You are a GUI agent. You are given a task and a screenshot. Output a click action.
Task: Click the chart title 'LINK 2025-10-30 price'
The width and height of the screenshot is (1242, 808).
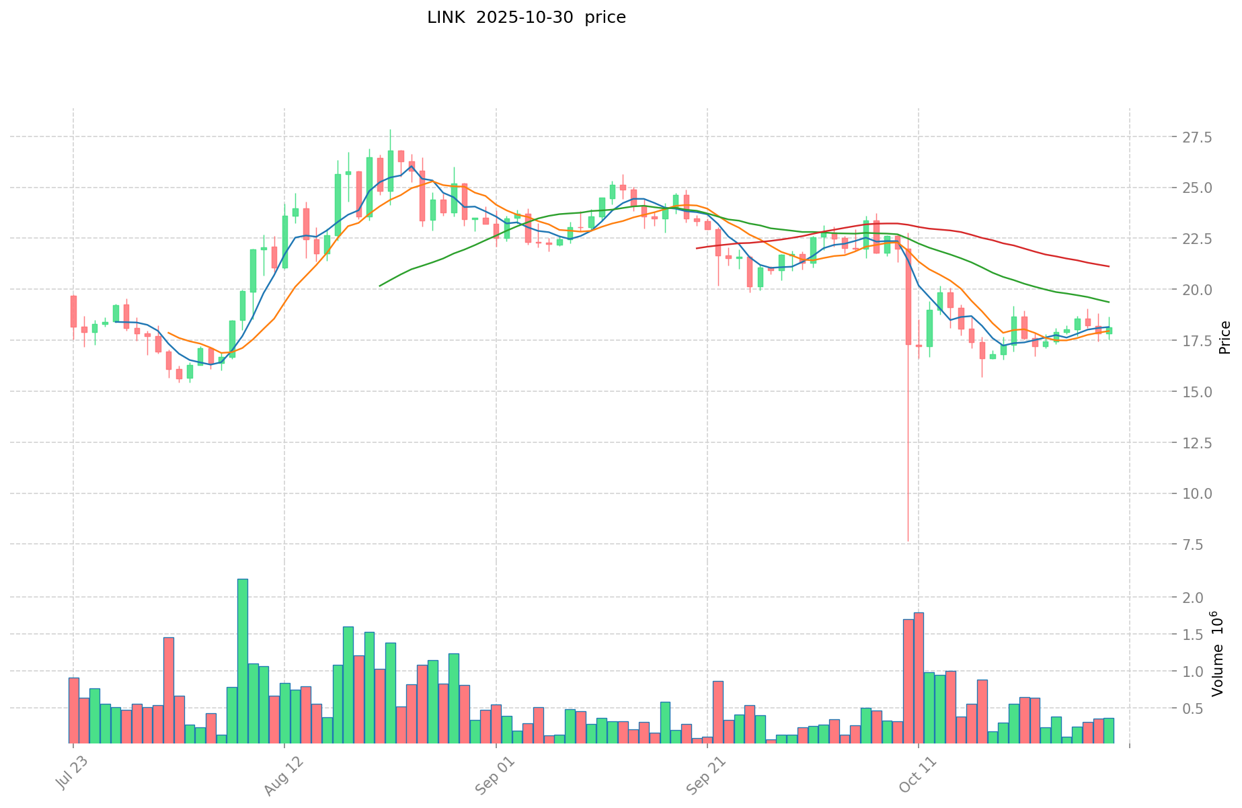click(526, 17)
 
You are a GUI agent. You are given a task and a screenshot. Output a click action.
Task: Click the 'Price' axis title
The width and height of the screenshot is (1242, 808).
click(1225, 337)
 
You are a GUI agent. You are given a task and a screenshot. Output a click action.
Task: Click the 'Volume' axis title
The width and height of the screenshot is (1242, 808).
click(1217, 653)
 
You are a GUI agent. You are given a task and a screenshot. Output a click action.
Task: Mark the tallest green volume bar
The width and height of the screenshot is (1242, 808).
click(242, 661)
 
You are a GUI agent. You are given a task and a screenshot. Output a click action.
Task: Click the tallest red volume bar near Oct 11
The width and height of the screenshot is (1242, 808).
click(919, 678)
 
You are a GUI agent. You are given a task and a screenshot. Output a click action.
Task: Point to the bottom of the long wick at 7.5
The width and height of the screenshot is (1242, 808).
click(908, 540)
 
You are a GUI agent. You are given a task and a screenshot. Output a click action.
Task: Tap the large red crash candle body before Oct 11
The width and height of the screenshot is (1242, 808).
click(908, 296)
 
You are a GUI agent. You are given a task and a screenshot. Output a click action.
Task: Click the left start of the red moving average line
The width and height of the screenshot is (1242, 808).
click(697, 249)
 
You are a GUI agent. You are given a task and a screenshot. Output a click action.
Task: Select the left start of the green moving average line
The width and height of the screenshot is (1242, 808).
click(380, 286)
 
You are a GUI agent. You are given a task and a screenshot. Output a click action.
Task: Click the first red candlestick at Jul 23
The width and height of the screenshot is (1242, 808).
click(73, 311)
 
